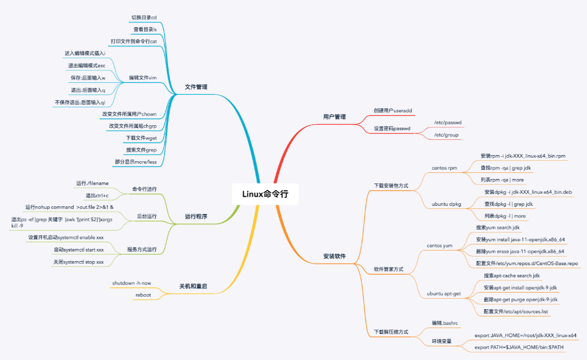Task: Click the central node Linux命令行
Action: (265, 194)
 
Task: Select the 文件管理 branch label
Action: (196, 87)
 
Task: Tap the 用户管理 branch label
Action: (334, 117)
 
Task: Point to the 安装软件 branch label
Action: (334, 257)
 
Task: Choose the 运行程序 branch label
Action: (196, 217)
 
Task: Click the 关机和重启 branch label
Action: (193, 286)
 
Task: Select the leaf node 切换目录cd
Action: (144, 18)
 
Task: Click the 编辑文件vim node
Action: (143, 78)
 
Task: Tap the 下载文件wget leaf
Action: (141, 138)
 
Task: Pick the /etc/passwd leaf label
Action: (448, 123)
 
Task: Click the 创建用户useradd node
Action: (393, 111)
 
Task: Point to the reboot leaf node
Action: (143, 295)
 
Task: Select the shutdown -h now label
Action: (131, 283)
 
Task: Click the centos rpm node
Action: (444, 168)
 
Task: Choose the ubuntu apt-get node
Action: (443, 294)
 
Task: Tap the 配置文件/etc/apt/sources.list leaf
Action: (515, 312)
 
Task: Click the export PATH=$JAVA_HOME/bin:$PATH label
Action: (519, 347)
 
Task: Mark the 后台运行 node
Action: (147, 217)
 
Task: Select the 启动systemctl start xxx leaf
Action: (79, 250)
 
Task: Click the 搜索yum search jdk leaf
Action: (498, 228)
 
